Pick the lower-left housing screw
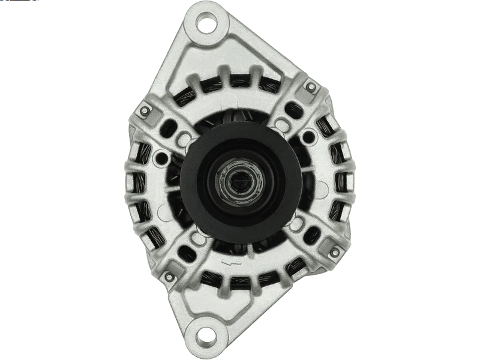pyautogui.click(x=169, y=275)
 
